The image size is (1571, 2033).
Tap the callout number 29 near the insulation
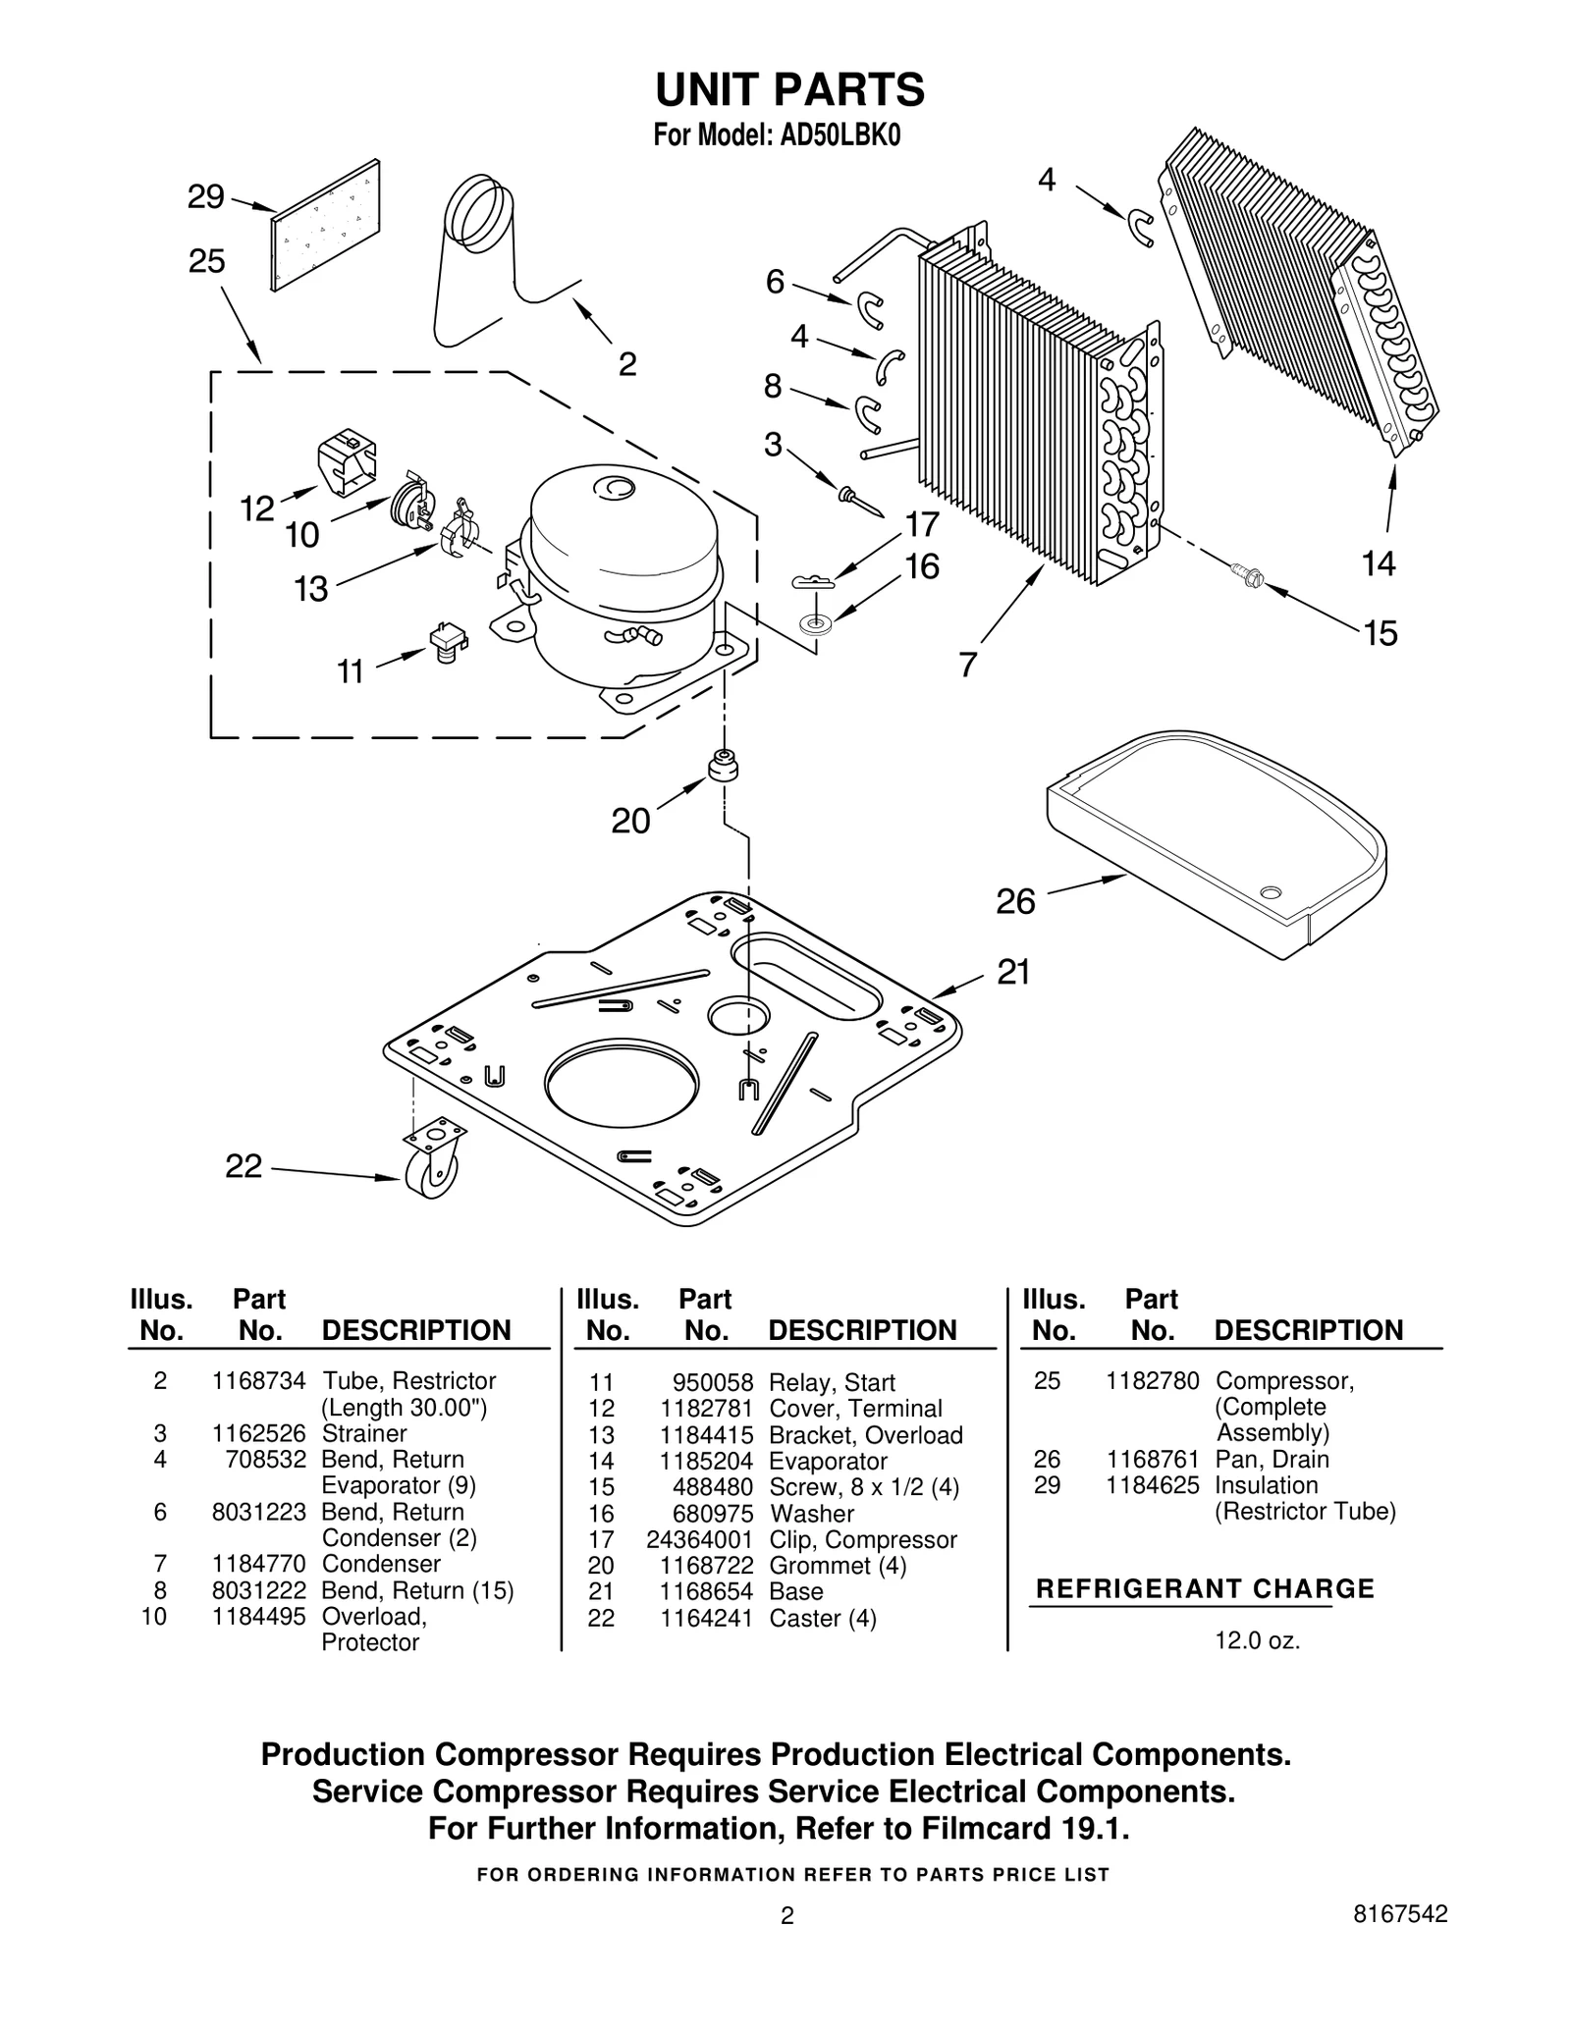205,197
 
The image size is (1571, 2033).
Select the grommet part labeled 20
724,765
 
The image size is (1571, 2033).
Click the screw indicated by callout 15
1247,577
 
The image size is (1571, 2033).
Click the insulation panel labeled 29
326,226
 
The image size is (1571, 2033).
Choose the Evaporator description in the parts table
828,1461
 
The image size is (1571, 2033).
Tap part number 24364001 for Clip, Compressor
699,1539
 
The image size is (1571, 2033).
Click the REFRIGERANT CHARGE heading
1205,1588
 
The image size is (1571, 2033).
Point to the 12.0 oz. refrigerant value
1257,1640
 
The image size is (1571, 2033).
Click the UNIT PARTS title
789,90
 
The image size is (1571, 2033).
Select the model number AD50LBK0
840,135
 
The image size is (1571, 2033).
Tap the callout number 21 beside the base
1013,972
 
